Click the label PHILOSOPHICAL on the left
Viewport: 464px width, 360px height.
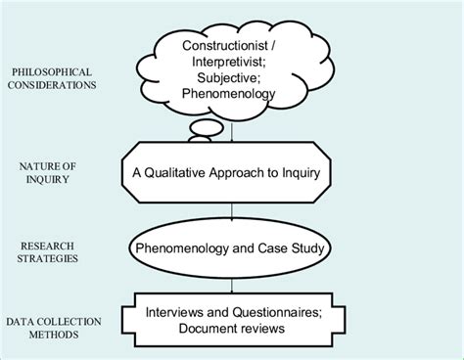tap(54, 70)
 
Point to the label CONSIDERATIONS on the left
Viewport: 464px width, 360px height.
tap(55, 84)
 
